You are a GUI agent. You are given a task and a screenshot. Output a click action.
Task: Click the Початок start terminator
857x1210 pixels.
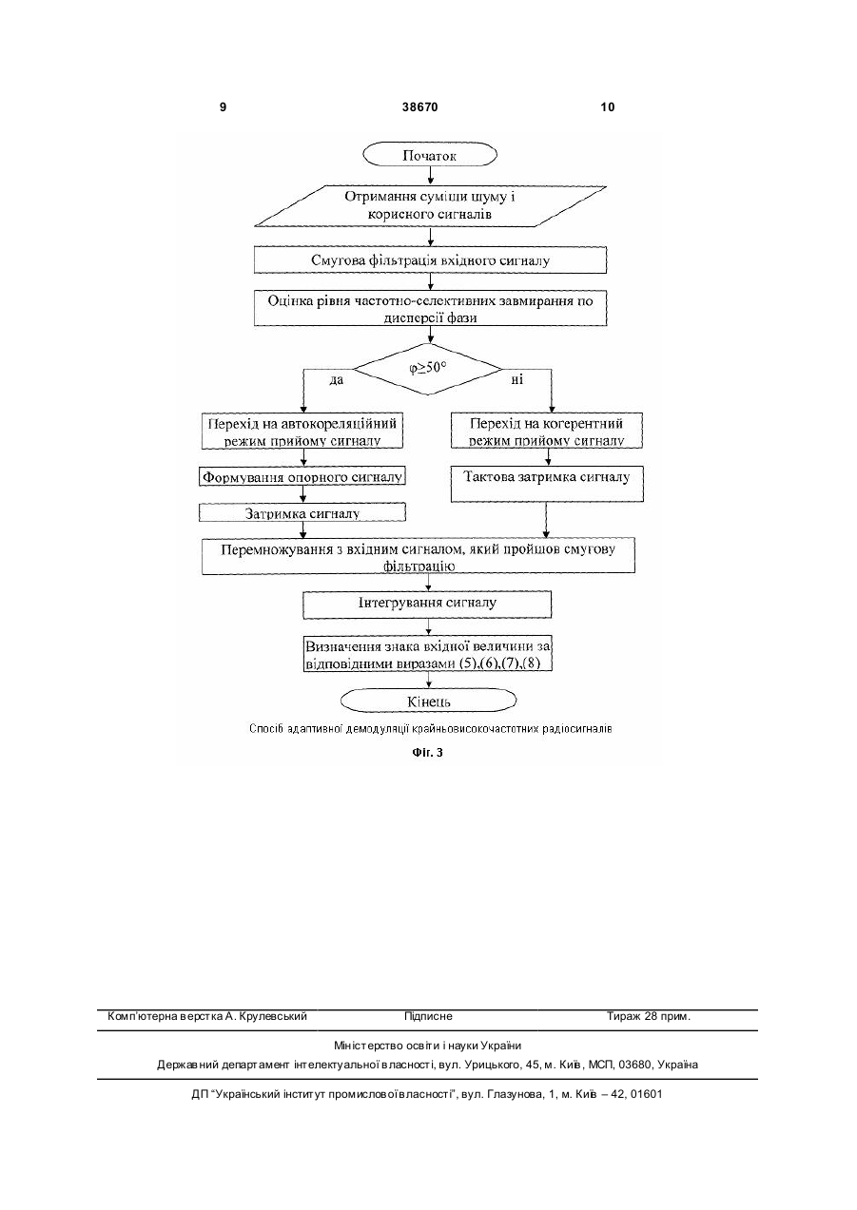(x=430, y=155)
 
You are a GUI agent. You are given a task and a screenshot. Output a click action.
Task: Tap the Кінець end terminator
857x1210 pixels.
(x=428, y=701)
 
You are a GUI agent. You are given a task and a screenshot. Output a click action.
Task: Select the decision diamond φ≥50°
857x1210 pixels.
(x=428, y=369)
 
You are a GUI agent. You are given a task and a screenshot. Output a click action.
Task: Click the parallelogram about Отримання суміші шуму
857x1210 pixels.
(x=430, y=206)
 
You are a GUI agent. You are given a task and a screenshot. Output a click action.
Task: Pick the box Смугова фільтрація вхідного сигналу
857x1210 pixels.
(x=430, y=260)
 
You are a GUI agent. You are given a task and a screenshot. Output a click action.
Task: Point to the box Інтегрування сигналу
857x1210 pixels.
(x=427, y=605)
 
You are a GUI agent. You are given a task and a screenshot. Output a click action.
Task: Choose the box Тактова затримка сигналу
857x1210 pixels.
(x=547, y=484)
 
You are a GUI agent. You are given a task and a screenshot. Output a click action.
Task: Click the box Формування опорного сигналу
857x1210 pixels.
(x=302, y=476)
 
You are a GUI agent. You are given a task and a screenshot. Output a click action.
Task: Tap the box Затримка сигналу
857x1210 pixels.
(x=302, y=512)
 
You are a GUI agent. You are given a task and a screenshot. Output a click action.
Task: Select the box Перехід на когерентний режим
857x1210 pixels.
(x=547, y=431)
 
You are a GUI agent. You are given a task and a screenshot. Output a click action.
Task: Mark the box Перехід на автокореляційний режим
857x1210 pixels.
(x=302, y=432)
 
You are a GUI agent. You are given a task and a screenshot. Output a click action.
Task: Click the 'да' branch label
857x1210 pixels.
(x=337, y=380)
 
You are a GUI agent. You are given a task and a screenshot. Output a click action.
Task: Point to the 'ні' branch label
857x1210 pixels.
(x=517, y=379)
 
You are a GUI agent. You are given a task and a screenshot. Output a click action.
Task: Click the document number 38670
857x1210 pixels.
(x=420, y=107)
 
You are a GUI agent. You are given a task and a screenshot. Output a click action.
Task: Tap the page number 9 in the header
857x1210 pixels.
(x=224, y=107)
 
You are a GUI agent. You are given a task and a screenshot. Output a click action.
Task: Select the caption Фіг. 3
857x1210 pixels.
(x=428, y=752)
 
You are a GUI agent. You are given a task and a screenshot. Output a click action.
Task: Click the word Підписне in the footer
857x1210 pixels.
(x=428, y=1016)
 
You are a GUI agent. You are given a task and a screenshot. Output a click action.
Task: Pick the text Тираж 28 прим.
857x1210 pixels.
(x=649, y=1016)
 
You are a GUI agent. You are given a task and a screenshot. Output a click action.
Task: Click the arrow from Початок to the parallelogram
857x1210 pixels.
(x=430, y=177)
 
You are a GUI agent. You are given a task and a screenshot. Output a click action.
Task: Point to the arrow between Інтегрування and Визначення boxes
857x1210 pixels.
(x=429, y=626)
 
